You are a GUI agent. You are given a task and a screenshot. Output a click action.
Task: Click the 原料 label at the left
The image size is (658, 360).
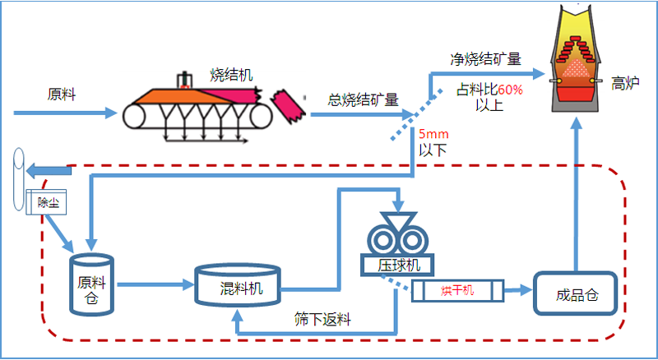click(62, 94)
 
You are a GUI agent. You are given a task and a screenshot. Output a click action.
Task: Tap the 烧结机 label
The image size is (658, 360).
click(231, 76)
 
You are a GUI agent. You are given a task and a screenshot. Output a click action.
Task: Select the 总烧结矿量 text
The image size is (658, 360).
click(363, 100)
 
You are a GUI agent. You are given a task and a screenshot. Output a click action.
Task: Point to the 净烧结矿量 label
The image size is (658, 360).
click(484, 59)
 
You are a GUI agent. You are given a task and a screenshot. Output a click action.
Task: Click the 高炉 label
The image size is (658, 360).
click(626, 82)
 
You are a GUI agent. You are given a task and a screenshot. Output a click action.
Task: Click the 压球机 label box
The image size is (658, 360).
click(396, 265)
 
